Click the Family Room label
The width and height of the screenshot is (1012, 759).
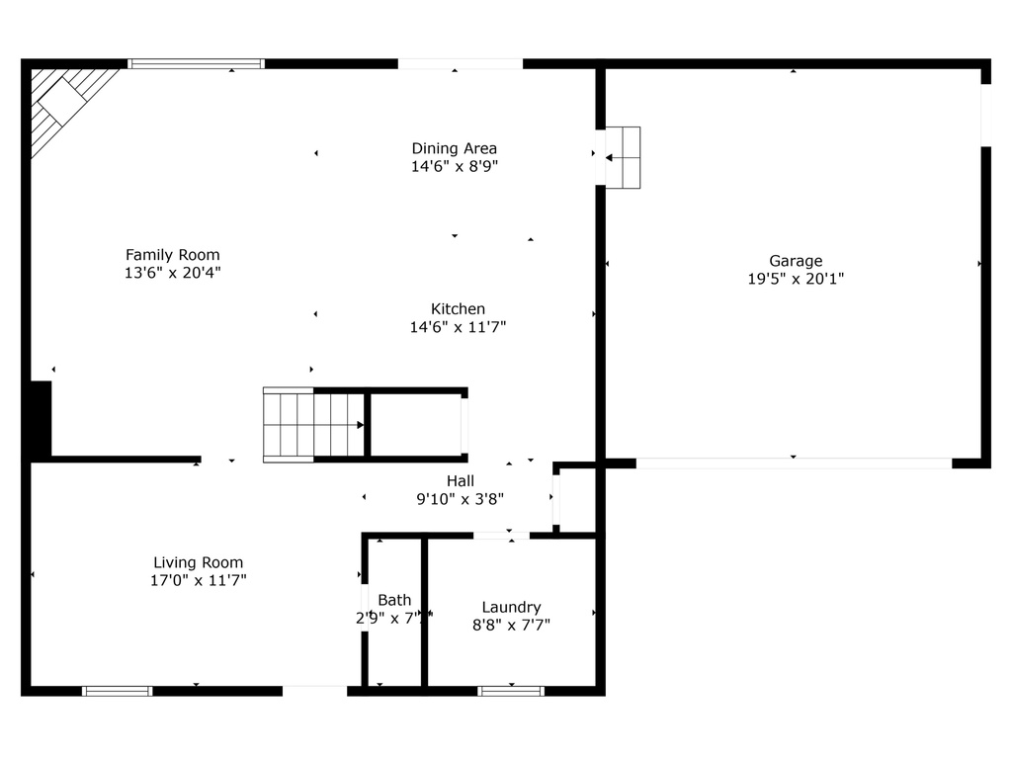172,255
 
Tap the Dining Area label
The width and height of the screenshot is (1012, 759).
454,149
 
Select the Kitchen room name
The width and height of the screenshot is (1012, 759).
458,309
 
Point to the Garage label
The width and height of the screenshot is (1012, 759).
796,262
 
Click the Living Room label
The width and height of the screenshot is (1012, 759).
198,563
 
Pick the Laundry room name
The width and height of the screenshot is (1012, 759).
511,607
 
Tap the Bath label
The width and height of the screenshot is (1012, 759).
394,600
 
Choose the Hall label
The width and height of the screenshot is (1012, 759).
460,481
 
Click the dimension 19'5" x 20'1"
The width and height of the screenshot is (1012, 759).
796,280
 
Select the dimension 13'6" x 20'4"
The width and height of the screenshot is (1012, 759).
172,273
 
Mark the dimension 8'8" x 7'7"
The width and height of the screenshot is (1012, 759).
511,625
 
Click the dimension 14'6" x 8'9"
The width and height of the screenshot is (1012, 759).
454,167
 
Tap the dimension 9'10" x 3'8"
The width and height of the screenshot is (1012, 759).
460,499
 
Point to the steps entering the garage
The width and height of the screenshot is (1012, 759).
623,157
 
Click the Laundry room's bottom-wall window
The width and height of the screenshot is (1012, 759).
511,691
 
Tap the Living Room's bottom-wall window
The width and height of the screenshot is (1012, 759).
117,691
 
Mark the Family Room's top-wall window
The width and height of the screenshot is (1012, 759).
197,64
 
